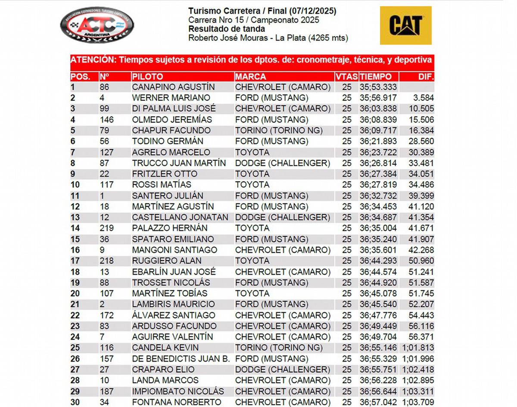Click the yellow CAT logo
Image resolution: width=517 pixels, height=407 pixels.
point(405,25)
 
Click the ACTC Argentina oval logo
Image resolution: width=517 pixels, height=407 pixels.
point(97,25)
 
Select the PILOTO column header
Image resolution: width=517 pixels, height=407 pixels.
point(147,77)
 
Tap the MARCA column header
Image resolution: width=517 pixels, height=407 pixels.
point(251,77)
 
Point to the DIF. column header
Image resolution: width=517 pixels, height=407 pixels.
point(426,77)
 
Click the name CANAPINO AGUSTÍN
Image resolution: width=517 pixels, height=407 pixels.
point(173,87)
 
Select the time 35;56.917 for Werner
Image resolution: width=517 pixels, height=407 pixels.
point(378,98)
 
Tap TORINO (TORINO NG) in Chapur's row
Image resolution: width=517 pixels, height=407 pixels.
point(279,130)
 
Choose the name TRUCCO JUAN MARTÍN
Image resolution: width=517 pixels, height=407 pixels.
point(179,163)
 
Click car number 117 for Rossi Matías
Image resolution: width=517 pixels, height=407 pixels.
point(106,185)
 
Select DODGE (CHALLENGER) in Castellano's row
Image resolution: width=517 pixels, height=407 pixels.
point(283,217)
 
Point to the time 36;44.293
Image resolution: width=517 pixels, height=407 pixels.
point(378,261)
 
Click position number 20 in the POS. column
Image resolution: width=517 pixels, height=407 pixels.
point(75,293)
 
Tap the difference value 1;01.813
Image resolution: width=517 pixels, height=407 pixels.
point(417,348)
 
